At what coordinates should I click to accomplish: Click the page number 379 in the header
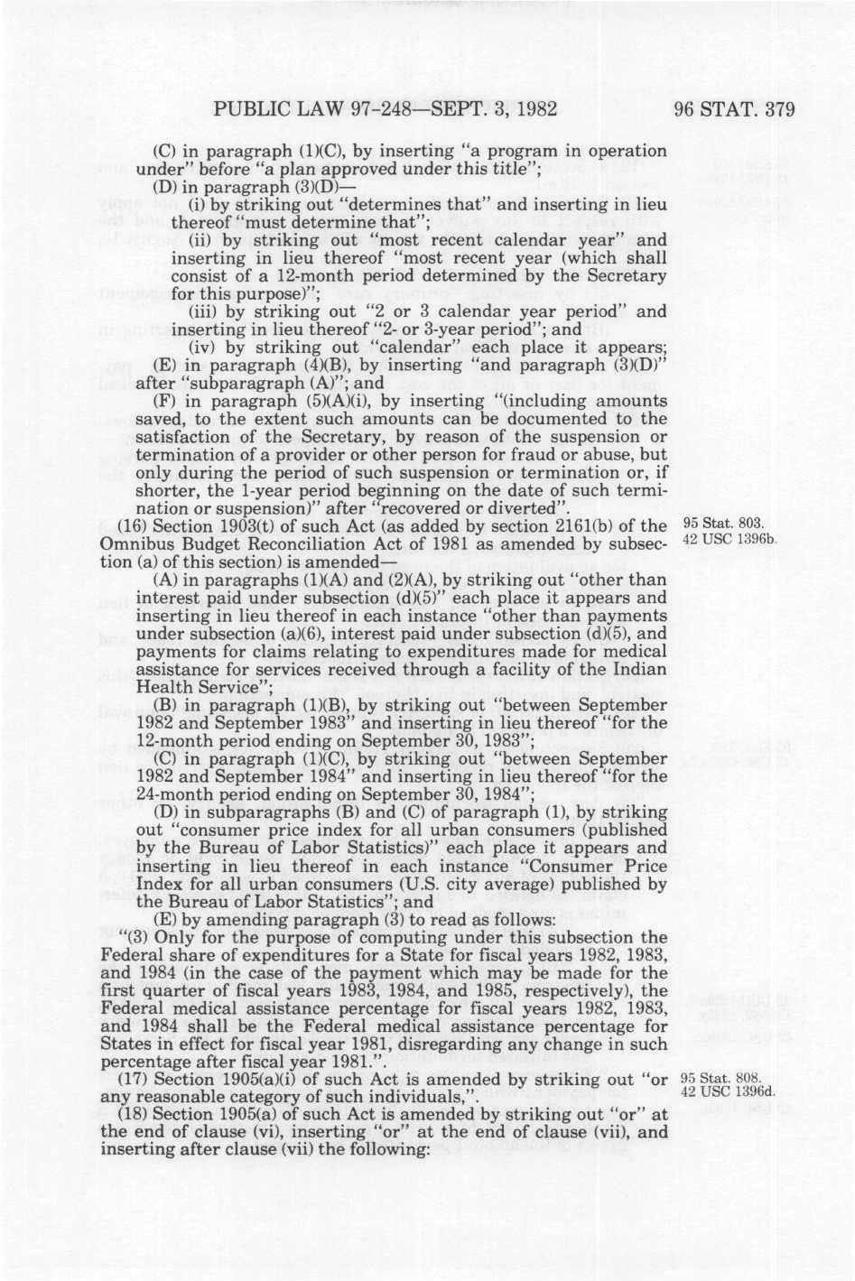[x=774, y=111]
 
